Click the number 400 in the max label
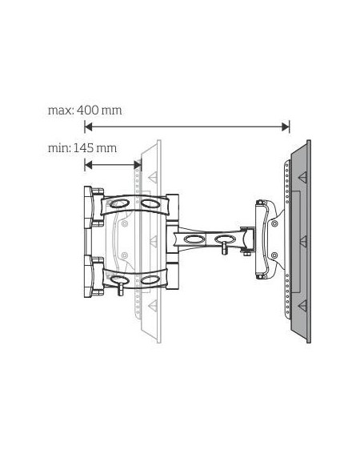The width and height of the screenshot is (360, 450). (x=88, y=110)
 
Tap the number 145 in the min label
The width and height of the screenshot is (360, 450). (x=83, y=148)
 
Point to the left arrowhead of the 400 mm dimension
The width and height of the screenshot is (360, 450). (x=88, y=127)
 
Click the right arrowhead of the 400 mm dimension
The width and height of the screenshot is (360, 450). (x=286, y=127)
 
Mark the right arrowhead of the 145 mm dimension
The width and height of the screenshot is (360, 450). (x=138, y=165)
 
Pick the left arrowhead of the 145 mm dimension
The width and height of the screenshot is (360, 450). (x=88, y=165)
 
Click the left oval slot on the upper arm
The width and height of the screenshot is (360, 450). (x=119, y=204)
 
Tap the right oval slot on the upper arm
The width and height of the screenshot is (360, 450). (x=150, y=203)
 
